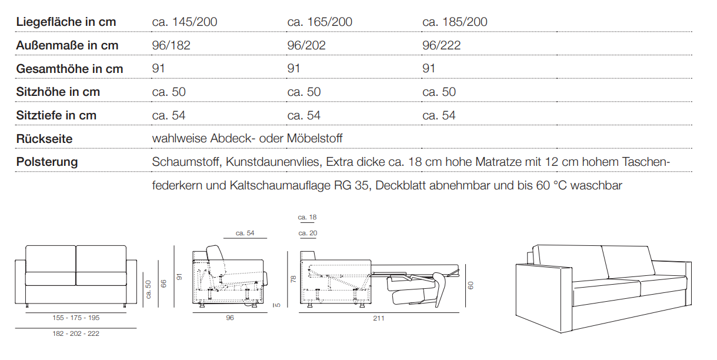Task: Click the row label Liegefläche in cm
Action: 66,22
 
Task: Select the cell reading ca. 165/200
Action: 319,22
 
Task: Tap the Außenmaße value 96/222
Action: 441,45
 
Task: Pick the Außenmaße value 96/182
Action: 171,45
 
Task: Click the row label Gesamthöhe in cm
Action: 69,69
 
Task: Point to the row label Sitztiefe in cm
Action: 56,115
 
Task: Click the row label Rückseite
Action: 45,139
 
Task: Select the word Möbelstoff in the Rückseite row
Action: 315,138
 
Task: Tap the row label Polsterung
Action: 47,162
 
